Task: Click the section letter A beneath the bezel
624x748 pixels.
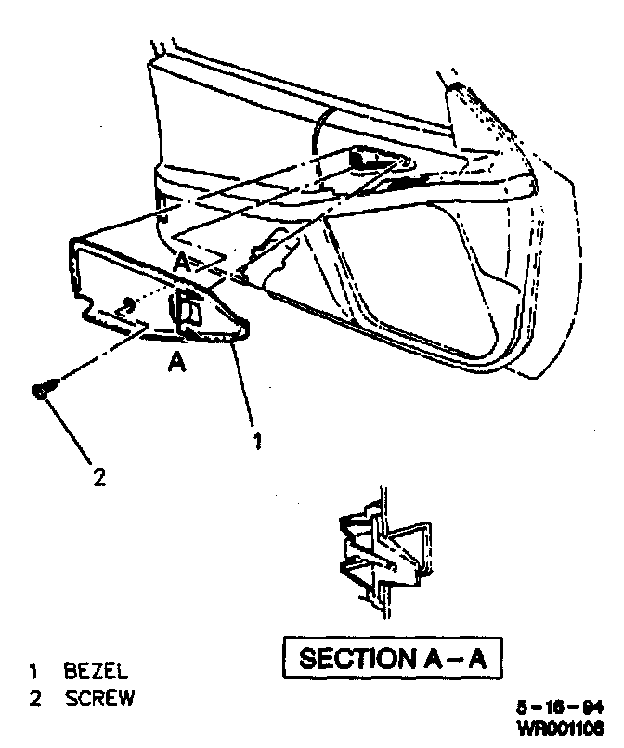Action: pyautogui.click(x=175, y=364)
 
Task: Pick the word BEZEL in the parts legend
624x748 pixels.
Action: pyautogui.click(x=97, y=671)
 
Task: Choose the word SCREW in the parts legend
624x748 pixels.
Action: pyautogui.click(x=99, y=698)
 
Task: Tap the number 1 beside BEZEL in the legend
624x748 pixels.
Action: pyautogui.click(x=33, y=671)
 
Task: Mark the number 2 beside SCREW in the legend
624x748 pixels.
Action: pyautogui.click(x=34, y=698)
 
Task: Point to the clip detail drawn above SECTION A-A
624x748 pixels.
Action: pyautogui.click(x=382, y=552)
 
